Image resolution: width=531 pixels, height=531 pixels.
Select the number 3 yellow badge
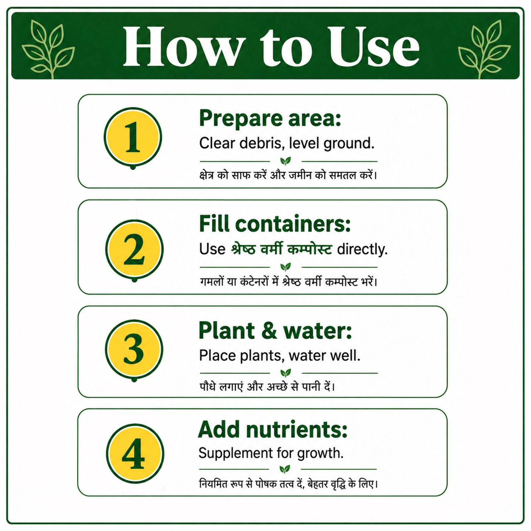tap(134, 349)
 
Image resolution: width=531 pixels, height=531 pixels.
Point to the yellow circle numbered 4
tap(135, 453)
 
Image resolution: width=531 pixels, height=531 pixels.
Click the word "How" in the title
tap(181, 46)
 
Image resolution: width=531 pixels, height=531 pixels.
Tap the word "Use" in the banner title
tap(374, 46)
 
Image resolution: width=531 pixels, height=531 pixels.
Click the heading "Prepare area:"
tap(270, 119)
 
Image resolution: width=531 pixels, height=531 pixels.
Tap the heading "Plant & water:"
tap(275, 331)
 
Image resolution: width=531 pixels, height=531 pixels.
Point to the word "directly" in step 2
tap(362, 250)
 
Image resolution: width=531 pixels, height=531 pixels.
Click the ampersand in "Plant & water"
tap(269, 331)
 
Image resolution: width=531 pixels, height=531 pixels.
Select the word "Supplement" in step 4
tap(235, 454)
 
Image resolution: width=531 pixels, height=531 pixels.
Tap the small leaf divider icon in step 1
tap(285, 161)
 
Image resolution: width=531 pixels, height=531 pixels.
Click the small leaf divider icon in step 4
tap(285, 469)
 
